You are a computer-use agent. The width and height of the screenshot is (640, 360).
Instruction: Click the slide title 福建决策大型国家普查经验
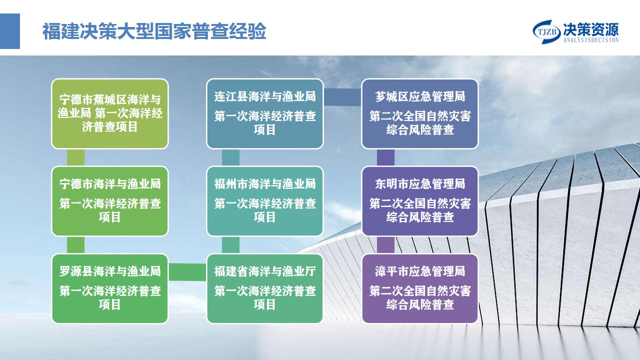pyautogui.click(x=154, y=31)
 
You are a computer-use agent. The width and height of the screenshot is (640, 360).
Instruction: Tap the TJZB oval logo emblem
pyautogui.click(x=546, y=31)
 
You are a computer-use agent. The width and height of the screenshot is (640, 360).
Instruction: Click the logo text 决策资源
pyautogui.click(x=591, y=29)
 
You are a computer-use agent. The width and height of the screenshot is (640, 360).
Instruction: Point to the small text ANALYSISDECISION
pyautogui.click(x=591, y=40)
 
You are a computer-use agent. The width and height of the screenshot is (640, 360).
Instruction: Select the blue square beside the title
pyautogui.click(x=9, y=31)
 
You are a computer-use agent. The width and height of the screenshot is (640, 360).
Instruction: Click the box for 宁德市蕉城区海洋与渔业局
pyautogui.click(x=109, y=113)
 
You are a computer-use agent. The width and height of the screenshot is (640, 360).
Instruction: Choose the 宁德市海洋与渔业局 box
pyautogui.click(x=109, y=201)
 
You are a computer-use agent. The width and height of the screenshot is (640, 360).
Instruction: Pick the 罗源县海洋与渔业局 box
pyautogui.click(x=109, y=288)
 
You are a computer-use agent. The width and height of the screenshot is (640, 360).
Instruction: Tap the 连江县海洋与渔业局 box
pyautogui.click(x=265, y=113)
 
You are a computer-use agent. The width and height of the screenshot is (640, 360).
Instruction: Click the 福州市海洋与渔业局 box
pyautogui.click(x=265, y=201)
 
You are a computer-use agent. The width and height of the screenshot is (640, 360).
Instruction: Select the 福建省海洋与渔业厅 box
pyautogui.click(x=265, y=288)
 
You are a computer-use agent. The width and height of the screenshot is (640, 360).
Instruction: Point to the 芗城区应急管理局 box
pyautogui.click(x=420, y=113)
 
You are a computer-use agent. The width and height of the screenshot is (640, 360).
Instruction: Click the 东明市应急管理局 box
pyautogui.click(x=420, y=201)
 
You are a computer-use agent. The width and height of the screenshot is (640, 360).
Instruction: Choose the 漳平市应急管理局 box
pyautogui.click(x=420, y=288)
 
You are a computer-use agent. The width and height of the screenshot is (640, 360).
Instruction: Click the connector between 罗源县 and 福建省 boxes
pyautogui.click(x=187, y=272)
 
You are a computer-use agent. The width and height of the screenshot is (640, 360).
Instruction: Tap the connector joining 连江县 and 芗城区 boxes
pyautogui.click(x=342, y=97)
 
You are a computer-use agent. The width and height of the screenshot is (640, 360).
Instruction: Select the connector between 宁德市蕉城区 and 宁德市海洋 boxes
pyautogui.click(x=75, y=157)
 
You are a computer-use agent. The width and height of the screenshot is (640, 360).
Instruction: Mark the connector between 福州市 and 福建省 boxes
pyautogui.click(x=230, y=245)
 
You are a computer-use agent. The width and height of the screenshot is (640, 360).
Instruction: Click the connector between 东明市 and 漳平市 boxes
pyautogui.click(x=385, y=245)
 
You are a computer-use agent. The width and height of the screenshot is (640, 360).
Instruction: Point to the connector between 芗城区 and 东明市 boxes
pyautogui.click(x=385, y=157)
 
